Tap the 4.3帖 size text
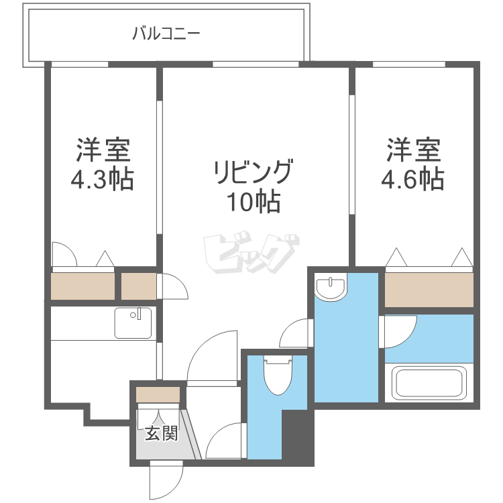point(102,180)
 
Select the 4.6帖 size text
point(413,180)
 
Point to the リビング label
point(253,172)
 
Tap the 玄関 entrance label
point(161,434)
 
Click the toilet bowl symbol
point(276,376)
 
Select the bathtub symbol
point(429,383)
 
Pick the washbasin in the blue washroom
point(331,288)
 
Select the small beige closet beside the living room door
point(139,286)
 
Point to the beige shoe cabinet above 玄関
point(158,394)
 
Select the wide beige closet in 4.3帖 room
point(82,286)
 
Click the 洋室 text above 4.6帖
point(413,150)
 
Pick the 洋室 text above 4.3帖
point(102,150)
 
